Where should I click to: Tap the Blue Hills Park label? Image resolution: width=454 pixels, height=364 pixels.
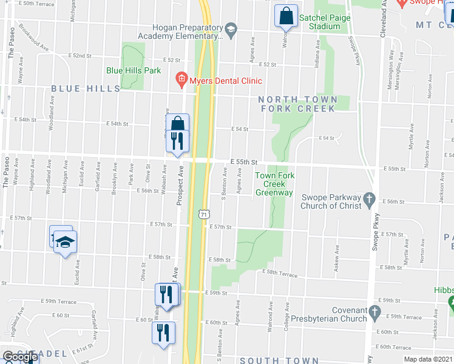tap(134, 70)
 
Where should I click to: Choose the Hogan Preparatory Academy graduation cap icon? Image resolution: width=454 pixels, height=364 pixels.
tap(231, 29)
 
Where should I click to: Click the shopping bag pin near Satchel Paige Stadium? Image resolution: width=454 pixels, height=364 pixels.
tap(286, 15)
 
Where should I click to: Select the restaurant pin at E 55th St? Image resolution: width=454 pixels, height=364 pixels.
tap(177, 141)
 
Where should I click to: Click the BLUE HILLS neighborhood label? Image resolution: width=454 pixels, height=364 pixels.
tap(86, 89)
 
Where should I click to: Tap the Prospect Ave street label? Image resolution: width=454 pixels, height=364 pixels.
tap(180, 187)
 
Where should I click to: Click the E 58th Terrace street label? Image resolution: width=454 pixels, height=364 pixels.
tap(280, 275)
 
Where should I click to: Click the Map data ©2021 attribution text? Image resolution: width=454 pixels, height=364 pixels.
tap(430, 359)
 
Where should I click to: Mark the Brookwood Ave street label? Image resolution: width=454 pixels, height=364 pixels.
tap(33, 36)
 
